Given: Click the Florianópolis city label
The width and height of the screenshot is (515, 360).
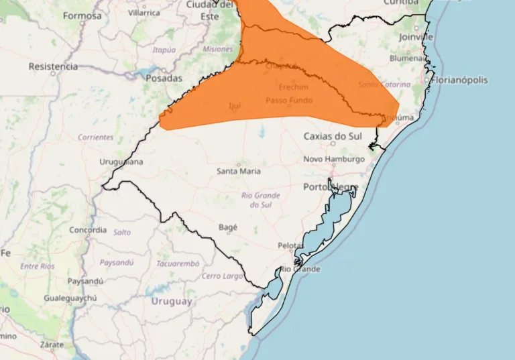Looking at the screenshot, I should [461, 80].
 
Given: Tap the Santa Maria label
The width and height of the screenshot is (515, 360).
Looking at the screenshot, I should [239, 171].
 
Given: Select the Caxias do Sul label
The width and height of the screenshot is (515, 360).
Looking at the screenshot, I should [333, 136].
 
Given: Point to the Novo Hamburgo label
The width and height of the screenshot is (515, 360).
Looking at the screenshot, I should [334, 159].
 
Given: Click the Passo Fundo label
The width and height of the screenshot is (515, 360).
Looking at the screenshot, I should [289, 101].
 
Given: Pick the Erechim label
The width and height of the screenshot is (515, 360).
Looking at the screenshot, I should [294, 87].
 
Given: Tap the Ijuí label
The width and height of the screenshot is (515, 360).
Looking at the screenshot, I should [235, 105].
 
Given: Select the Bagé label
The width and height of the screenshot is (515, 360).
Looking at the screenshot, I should [228, 227].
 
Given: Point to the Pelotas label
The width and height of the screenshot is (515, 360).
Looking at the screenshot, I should [290, 246].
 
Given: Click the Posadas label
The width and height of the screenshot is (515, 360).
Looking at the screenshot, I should [164, 78].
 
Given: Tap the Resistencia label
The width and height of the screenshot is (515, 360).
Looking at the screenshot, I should [53, 66].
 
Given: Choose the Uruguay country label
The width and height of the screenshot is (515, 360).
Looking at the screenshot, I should [171, 301].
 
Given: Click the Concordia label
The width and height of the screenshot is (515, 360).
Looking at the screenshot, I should [88, 230].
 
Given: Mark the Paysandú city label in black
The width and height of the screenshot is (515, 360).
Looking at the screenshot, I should [84, 281].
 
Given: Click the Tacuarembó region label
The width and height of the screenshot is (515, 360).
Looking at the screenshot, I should [178, 263].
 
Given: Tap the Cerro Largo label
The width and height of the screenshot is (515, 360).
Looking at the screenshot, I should [222, 276].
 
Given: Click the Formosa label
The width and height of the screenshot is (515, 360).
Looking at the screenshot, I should [82, 15].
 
